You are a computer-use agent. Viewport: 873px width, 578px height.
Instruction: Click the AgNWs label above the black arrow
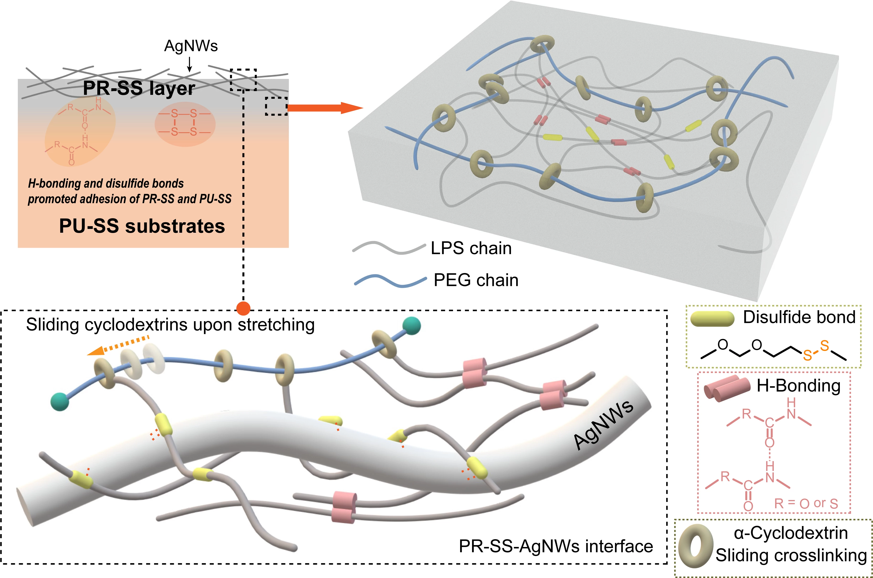pos(191,46)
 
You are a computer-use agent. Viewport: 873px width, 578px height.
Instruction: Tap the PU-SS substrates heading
pos(142,226)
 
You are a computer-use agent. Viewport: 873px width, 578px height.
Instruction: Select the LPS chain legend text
pos(471,248)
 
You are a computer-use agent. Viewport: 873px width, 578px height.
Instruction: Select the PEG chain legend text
pos(476,280)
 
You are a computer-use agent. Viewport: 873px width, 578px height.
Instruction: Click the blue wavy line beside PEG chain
pos(390,281)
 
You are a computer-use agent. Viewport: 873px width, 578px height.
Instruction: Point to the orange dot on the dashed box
pos(243,308)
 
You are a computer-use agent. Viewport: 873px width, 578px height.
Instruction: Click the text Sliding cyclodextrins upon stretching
pos(170,325)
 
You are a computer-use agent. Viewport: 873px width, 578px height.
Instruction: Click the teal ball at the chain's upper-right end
pos(411,326)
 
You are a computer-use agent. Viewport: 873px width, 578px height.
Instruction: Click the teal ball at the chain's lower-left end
pos(60,402)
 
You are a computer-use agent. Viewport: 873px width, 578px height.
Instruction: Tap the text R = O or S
pos(805,504)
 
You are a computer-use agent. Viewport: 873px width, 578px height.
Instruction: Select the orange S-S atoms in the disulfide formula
pos(816,351)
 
